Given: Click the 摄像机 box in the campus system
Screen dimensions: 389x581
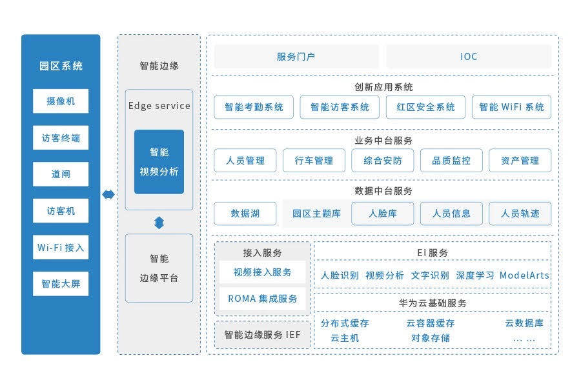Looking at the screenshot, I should tap(61, 101).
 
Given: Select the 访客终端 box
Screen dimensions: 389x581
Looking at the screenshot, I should tap(61, 138).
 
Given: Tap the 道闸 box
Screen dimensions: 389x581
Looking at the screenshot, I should tap(61, 175).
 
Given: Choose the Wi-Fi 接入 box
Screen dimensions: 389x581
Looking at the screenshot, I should tap(61, 248).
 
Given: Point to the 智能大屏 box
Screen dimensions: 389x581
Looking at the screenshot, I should tap(61, 284).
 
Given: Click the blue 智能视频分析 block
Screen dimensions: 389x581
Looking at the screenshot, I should tap(159, 162).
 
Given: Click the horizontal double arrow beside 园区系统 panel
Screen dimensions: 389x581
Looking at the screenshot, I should tap(108, 194).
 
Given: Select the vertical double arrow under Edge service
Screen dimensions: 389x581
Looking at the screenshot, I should tap(159, 223).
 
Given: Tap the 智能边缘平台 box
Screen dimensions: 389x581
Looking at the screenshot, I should tap(159, 268).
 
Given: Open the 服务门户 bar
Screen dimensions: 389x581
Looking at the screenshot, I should tap(296, 57).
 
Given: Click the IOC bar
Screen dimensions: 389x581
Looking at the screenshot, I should tap(469, 57).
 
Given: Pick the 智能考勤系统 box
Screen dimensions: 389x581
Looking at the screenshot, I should tap(254, 107).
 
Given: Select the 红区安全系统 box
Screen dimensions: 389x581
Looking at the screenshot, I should tap(425, 107).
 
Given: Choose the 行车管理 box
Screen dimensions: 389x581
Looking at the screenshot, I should tap(314, 161).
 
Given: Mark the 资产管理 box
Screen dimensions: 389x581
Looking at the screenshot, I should tap(520, 161).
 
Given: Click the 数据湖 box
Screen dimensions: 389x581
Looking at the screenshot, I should tap(245, 214).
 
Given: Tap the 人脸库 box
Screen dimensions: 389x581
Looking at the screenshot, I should tap(382, 214).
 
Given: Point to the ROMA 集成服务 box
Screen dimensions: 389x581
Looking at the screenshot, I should tap(263, 299).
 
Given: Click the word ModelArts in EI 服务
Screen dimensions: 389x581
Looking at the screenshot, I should tap(524, 275).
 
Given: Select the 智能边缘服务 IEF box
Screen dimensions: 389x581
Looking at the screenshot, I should tap(263, 335).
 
